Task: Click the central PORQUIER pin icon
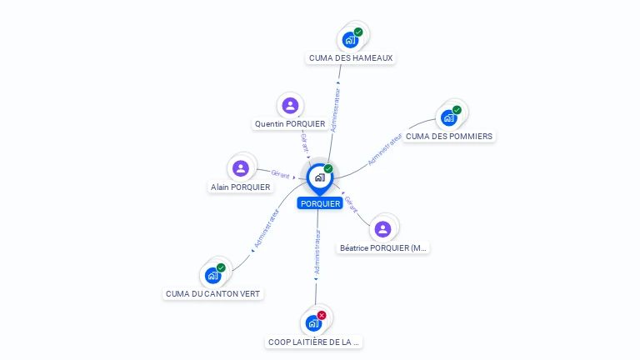coord(319,177)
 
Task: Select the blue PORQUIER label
coord(320,203)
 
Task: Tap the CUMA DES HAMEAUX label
coord(350,58)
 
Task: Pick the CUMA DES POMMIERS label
coord(449,136)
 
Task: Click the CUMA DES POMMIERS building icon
coord(449,117)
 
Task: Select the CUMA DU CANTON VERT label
coord(213,293)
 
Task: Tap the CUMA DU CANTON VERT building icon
coord(213,275)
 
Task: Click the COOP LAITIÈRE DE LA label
coord(314,342)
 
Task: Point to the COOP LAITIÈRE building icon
coord(314,322)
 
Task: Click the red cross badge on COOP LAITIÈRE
coord(322,316)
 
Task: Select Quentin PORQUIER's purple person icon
coord(290,105)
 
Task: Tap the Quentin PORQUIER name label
coord(290,124)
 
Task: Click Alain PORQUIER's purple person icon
coord(241,168)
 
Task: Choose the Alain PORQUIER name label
coord(241,187)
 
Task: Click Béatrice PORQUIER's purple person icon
coord(382,228)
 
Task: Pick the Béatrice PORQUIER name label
coord(383,247)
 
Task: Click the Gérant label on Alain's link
coord(280,175)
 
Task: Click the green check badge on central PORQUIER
coord(328,169)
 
